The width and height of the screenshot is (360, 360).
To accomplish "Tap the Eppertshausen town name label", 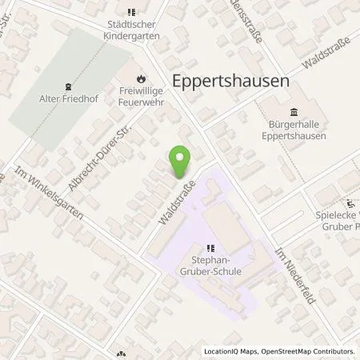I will [x=229, y=81].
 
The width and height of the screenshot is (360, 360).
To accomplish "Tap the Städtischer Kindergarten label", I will [x=132, y=31].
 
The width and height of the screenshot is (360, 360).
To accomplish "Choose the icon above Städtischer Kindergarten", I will [x=132, y=11].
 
